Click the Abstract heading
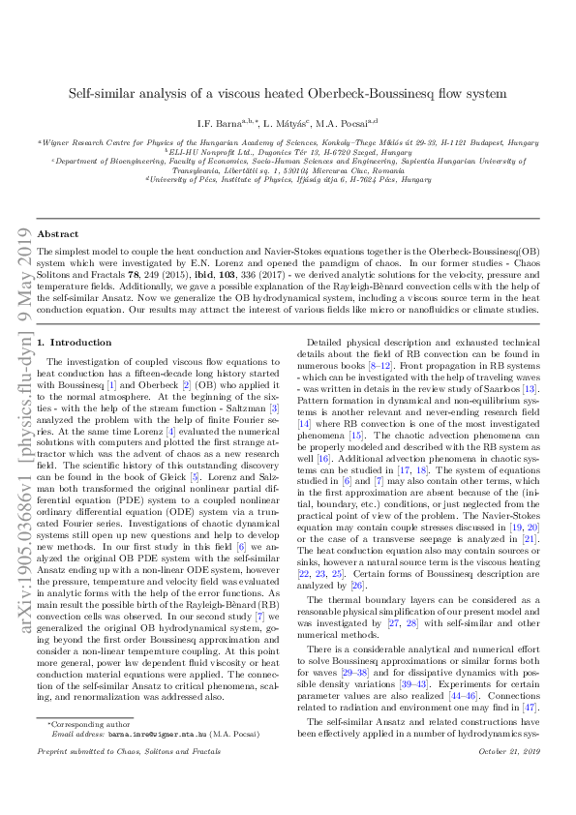(57, 234)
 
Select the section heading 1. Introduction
(74, 316)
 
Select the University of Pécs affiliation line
(288, 179)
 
